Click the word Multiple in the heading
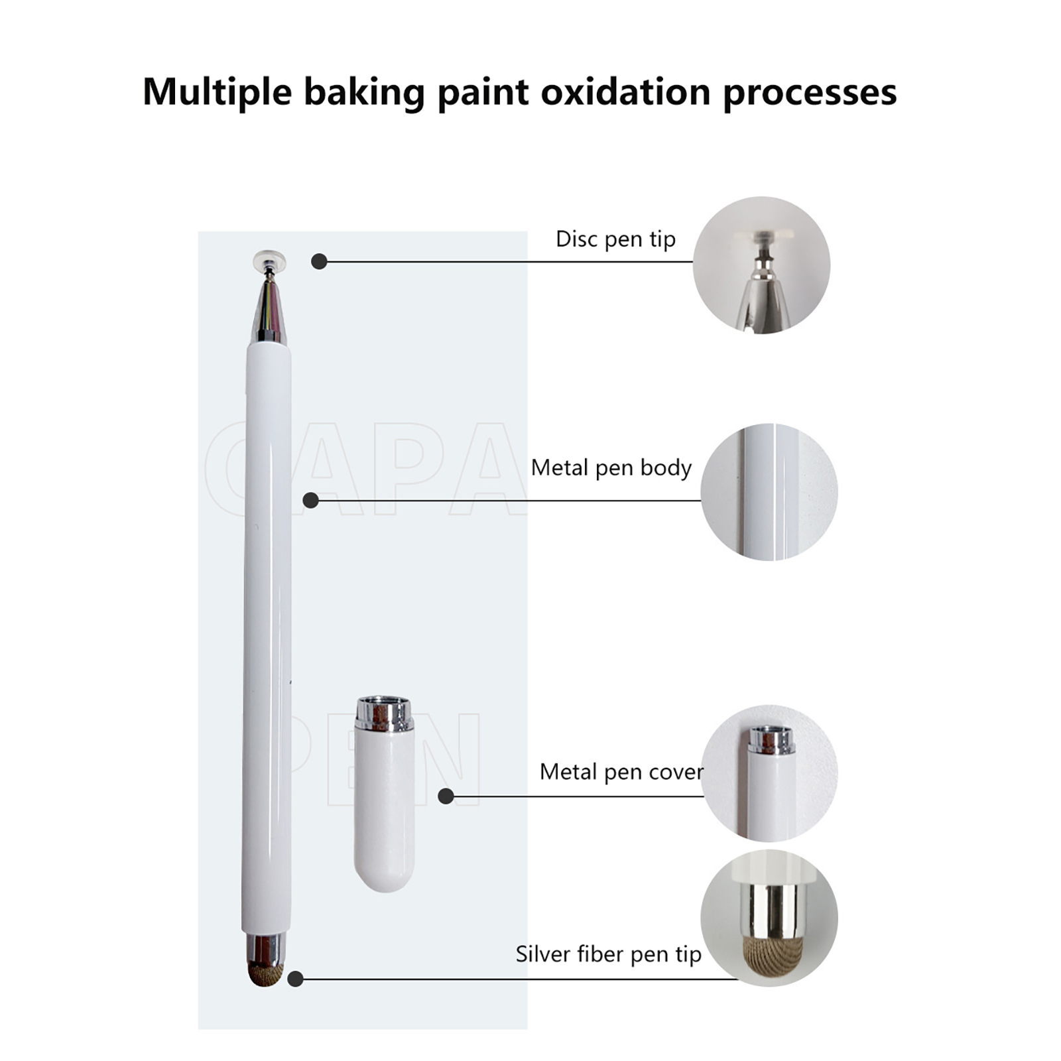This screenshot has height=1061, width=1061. pos(217,92)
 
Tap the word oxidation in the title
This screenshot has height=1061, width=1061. pos(626,91)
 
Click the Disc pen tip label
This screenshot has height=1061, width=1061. pos(615,239)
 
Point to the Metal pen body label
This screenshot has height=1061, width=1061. pos(611,468)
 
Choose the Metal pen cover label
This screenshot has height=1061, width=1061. pos(621,772)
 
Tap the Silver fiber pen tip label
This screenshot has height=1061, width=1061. pos(608,954)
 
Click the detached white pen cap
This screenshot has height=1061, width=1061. pos(385,794)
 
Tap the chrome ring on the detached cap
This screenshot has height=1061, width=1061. pos(385,714)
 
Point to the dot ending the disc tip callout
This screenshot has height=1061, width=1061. pos(319,261)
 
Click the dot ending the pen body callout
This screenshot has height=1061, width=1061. pos(310,500)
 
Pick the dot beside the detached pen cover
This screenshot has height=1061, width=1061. pos(446,796)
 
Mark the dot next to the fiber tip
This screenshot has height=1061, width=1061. pos(296,978)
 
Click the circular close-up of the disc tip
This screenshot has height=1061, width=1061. pos(761,265)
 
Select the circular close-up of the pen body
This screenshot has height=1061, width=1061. pos(769,492)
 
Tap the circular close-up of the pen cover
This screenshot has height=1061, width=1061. pos(769,773)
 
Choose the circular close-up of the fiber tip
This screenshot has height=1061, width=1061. pos(769,918)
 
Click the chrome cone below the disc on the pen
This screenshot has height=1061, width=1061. pos(269,310)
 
